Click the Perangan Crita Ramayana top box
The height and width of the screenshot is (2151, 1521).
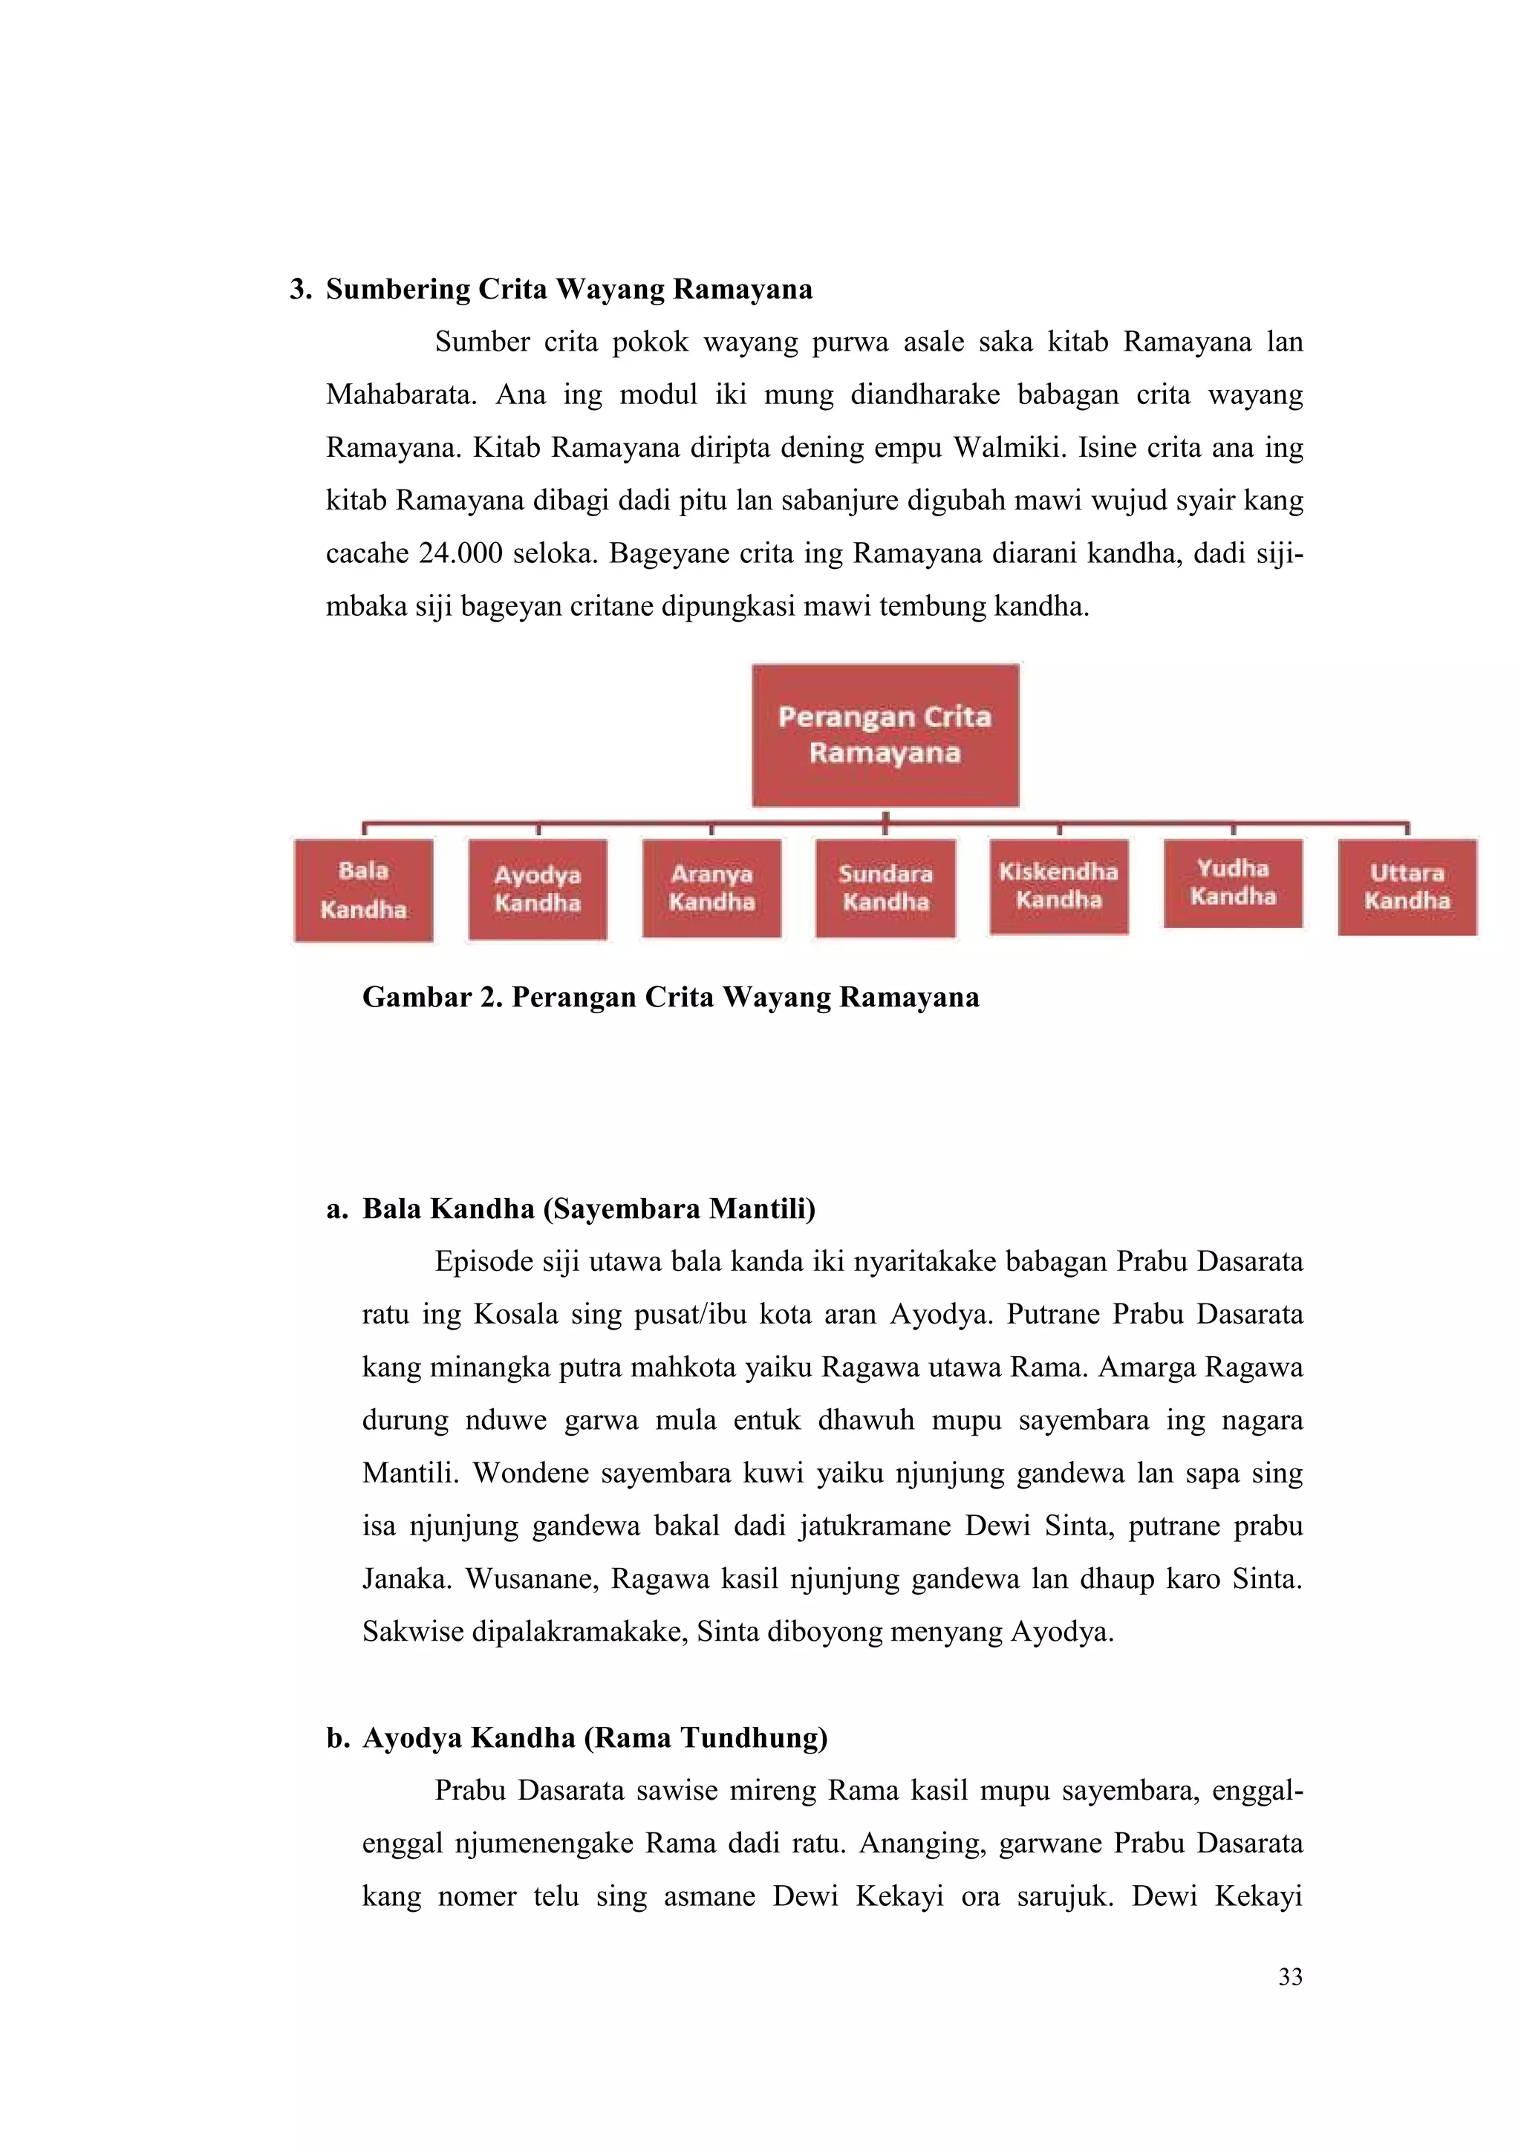pyautogui.click(x=885, y=735)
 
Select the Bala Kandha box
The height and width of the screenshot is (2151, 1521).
pyautogui.click(x=363, y=890)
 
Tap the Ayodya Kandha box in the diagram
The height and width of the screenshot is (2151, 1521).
pyautogui.click(x=538, y=889)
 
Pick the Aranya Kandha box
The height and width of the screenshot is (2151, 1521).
pyautogui.click(x=711, y=888)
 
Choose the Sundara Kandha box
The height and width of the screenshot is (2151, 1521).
pyautogui.click(x=885, y=888)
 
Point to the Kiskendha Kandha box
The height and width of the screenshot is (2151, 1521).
pyautogui.click(x=1058, y=886)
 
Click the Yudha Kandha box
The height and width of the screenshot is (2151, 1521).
pyautogui.click(x=1233, y=882)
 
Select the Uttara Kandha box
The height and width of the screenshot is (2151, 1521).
pyautogui.click(x=1407, y=887)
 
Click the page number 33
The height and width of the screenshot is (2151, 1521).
pyautogui.click(x=1290, y=1976)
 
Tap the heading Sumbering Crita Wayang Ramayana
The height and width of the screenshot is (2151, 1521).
pyautogui.click(x=568, y=290)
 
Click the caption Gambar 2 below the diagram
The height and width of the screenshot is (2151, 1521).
pyautogui.click(x=671, y=997)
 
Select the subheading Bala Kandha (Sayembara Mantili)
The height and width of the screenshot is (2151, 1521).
pyautogui.click(x=588, y=1208)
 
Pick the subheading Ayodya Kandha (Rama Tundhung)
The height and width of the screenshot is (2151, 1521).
pyautogui.click(x=595, y=1738)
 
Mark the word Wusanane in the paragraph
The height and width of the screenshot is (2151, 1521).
pyautogui.click(x=531, y=1578)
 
